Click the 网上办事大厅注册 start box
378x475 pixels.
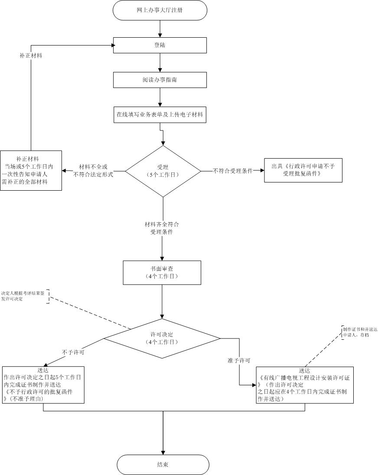160,10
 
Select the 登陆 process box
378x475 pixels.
160,45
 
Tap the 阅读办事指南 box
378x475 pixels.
160,80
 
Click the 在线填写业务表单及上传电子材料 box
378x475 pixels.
160,115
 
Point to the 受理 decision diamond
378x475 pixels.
163,171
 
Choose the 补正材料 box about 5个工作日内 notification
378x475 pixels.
31,170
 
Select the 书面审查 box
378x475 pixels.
162,272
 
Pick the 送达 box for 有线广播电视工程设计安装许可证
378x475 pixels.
305,384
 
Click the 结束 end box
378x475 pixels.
163,465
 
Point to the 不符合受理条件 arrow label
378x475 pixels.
233,171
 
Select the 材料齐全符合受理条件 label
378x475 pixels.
162,228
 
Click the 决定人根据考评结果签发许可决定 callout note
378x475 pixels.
23,296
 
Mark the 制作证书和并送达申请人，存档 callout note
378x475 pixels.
359,332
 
